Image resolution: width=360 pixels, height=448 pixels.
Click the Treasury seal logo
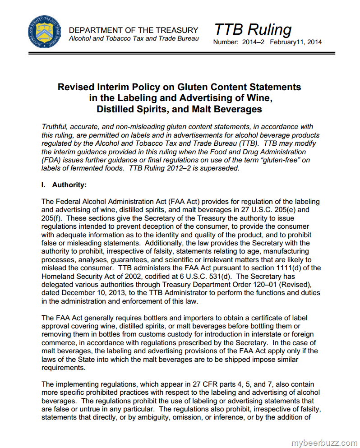(43, 32)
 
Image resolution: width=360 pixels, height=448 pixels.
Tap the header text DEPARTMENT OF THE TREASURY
(134, 30)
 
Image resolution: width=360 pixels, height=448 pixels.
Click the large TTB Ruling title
(253, 29)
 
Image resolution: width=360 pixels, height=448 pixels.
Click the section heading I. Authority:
(64, 185)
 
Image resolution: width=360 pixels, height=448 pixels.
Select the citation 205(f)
(51, 218)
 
